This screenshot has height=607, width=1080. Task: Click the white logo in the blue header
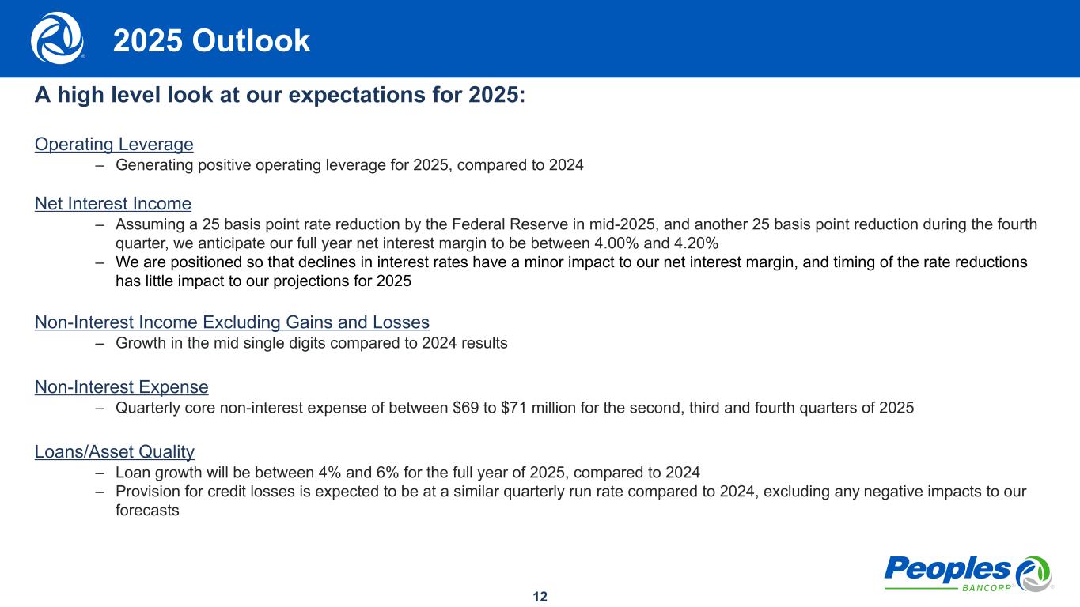click(58, 38)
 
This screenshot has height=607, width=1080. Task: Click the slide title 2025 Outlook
click(211, 40)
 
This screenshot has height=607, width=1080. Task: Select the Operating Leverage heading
click(114, 144)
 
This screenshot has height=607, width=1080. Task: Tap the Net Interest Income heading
click(113, 203)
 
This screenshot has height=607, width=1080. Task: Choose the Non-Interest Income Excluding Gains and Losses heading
click(232, 322)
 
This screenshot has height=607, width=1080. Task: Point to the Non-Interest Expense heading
click(122, 386)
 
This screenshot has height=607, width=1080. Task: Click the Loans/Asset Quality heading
click(114, 451)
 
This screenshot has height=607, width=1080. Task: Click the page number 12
click(540, 597)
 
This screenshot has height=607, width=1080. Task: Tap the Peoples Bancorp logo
click(968, 574)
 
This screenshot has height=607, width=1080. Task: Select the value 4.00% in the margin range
click(616, 243)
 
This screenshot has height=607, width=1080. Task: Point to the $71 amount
click(514, 408)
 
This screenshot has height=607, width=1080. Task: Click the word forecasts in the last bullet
click(147, 510)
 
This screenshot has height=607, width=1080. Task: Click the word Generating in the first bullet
click(154, 165)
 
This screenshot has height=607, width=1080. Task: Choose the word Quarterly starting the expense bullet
click(148, 408)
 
